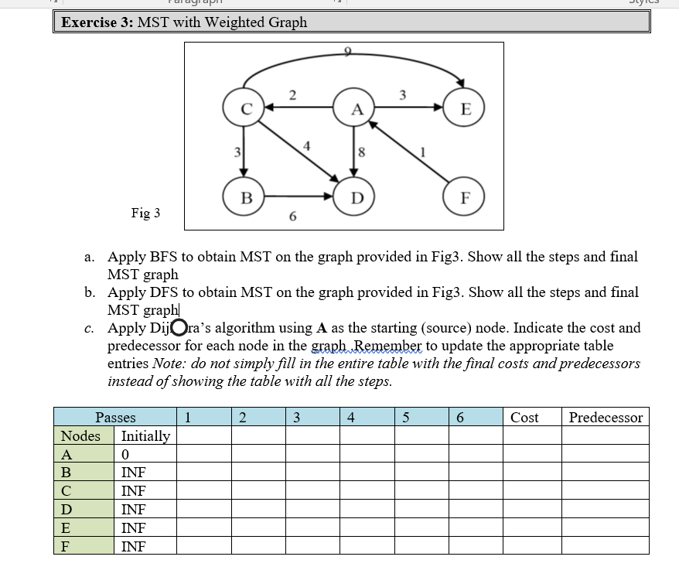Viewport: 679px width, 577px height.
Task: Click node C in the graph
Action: pyautogui.click(x=244, y=109)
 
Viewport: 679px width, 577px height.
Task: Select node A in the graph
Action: pyautogui.click(x=356, y=109)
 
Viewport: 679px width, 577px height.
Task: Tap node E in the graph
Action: pyautogui.click(x=465, y=109)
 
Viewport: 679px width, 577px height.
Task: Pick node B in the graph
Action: pyautogui.click(x=244, y=196)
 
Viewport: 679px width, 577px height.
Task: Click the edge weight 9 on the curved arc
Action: pyautogui.click(x=347, y=52)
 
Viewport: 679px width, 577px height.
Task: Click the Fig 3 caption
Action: pyautogui.click(x=145, y=213)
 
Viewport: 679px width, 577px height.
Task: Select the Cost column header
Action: pyautogui.click(x=524, y=418)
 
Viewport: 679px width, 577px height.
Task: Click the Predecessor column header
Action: pyautogui.click(x=606, y=418)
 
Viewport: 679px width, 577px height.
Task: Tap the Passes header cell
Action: pyautogui.click(x=115, y=418)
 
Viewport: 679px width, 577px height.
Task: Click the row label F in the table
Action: pyautogui.click(x=66, y=547)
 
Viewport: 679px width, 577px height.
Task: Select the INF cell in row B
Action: pyautogui.click(x=133, y=473)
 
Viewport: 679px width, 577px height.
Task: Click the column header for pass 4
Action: pyautogui.click(x=351, y=418)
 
